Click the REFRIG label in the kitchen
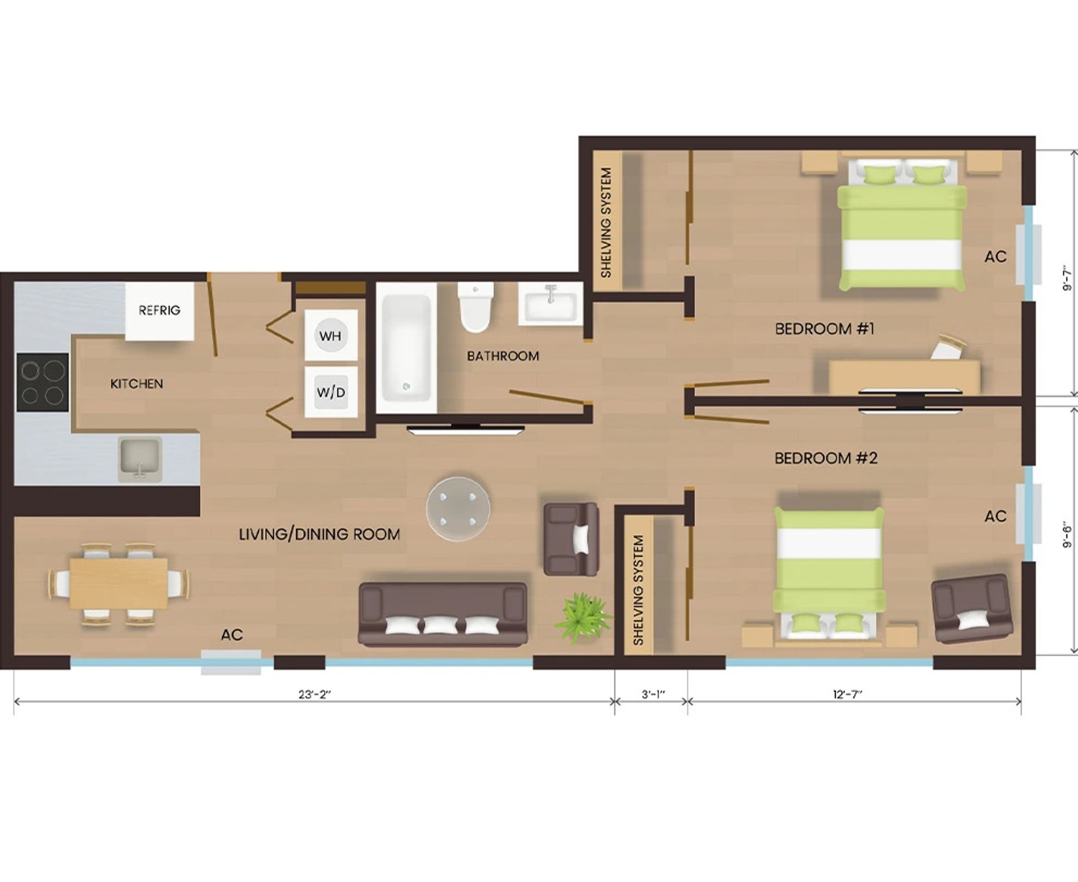pyautogui.click(x=159, y=310)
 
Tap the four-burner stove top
pyautogui.click(x=43, y=382)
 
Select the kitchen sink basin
pyautogui.click(x=140, y=458)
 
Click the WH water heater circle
pyautogui.click(x=330, y=336)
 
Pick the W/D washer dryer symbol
pyautogui.click(x=330, y=392)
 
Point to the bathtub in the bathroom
pyautogui.click(x=406, y=347)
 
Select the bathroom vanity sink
pyautogui.click(x=550, y=303)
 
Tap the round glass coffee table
pyautogui.click(x=458, y=509)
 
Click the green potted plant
pyautogui.click(x=583, y=616)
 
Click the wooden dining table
pyautogui.click(x=118, y=583)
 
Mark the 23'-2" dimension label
pyautogui.click(x=314, y=694)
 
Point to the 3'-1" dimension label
pyautogui.click(x=653, y=694)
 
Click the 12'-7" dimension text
pyautogui.click(x=847, y=694)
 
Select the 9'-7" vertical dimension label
pyautogui.click(x=1067, y=279)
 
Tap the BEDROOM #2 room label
pyautogui.click(x=825, y=458)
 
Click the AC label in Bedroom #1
pyautogui.click(x=995, y=257)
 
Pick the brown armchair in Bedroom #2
pyautogui.click(x=971, y=608)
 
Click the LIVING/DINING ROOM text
pyautogui.click(x=319, y=534)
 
